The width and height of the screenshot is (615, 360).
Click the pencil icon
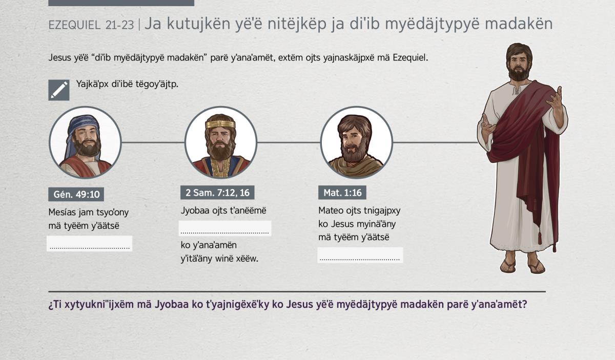coord(59,90)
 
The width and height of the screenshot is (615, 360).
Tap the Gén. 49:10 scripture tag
coord(76,194)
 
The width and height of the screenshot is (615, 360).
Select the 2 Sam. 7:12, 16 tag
coord(217,193)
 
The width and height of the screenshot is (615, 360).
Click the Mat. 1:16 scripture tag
coord(342,193)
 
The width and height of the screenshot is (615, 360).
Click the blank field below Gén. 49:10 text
coord(90,243)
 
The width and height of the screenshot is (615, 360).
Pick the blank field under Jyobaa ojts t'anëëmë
coord(225,228)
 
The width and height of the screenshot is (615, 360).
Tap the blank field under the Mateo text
coord(360,255)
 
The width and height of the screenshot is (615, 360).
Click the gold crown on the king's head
coord(220,124)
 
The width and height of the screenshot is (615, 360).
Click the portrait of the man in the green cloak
coord(356,143)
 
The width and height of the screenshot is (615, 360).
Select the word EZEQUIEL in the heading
coord(74,25)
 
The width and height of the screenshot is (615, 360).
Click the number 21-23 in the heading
coord(119,25)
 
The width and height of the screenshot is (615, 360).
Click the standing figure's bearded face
coord(518,65)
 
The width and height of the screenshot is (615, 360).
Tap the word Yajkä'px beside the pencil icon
coord(92,84)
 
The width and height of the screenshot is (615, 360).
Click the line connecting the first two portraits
coord(153,142)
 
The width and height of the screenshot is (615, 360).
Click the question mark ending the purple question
coord(524,304)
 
